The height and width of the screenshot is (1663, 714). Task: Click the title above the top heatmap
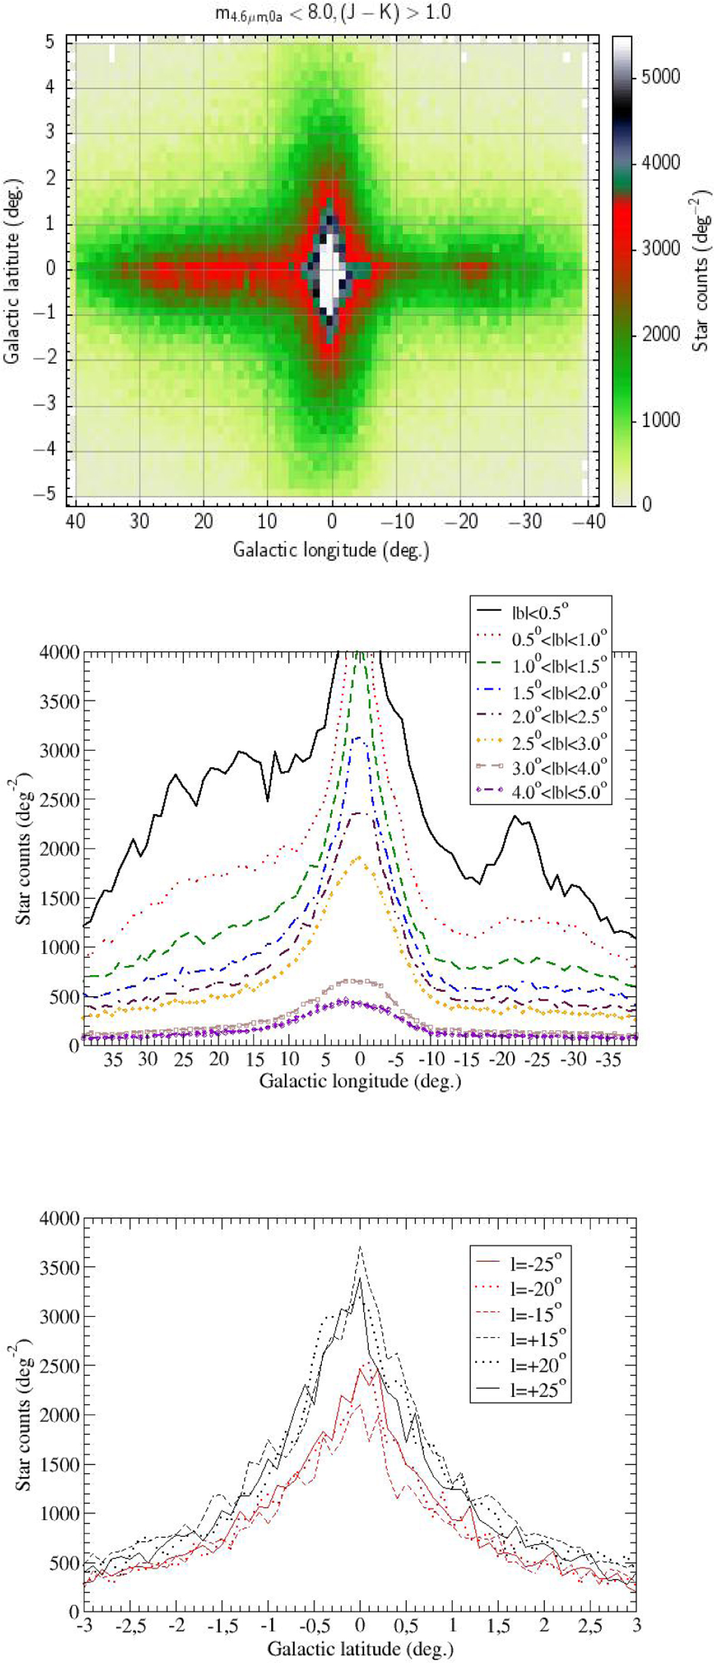point(333,14)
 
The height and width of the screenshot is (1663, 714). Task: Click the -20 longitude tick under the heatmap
point(464,520)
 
